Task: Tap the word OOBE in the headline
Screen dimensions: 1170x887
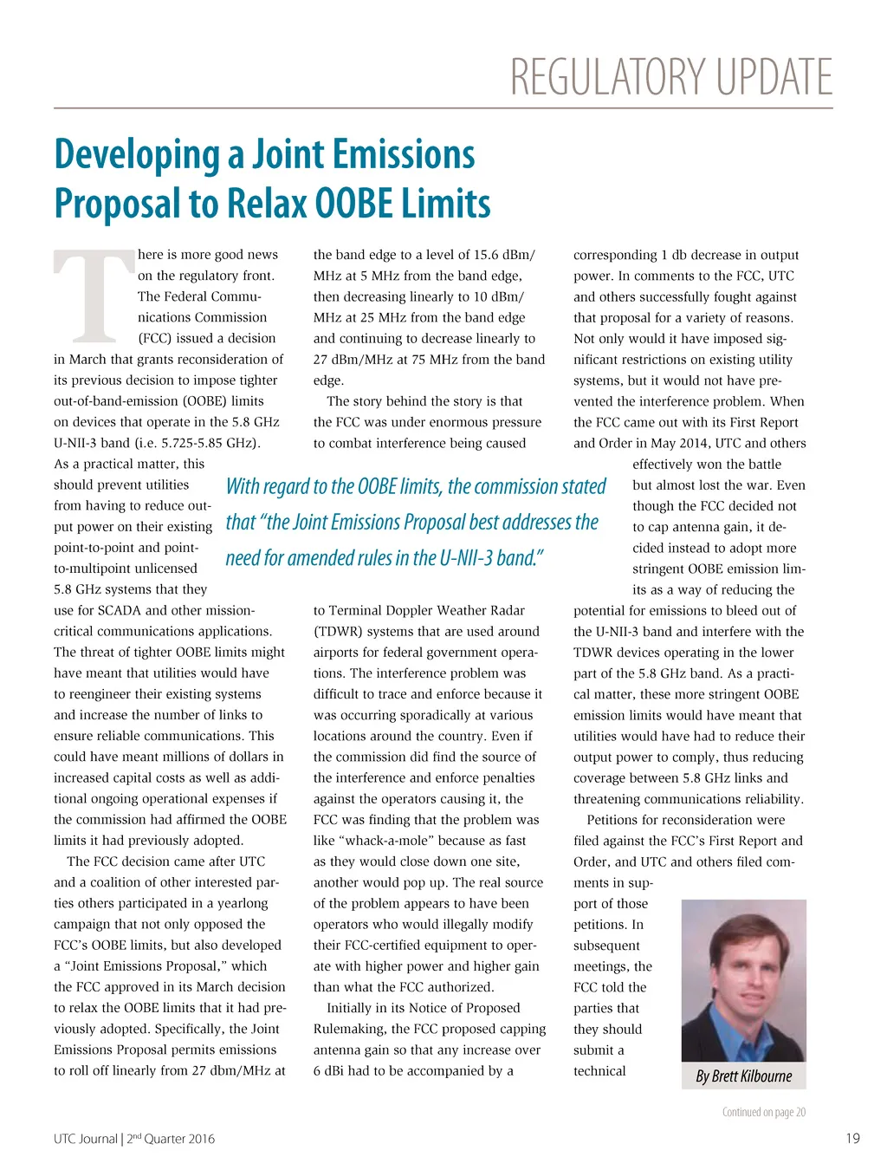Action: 354,204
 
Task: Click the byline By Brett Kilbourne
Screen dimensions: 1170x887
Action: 744,1076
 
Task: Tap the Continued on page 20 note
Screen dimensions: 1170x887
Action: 763,1112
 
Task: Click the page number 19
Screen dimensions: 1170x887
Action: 852,1138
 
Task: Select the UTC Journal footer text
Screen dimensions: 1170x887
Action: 85,1139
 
